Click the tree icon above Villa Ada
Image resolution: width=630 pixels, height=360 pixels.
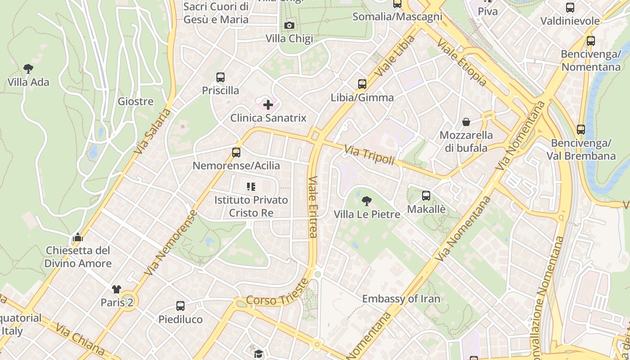(28, 69)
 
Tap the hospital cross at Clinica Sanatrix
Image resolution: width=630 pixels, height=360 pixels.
(268, 105)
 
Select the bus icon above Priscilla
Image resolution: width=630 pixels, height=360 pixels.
(220, 77)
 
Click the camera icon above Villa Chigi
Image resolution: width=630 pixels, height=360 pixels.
(289, 26)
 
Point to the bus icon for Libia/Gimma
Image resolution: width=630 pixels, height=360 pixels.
(362, 84)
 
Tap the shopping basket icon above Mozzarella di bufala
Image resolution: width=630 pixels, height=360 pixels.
(466, 122)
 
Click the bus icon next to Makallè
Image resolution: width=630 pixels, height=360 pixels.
(426, 196)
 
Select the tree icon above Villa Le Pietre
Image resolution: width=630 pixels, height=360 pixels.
(367, 201)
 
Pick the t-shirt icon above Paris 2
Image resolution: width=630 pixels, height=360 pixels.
(117, 289)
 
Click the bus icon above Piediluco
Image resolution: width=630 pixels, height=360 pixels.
(180, 306)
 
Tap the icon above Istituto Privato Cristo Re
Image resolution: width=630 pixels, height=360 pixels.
(251, 186)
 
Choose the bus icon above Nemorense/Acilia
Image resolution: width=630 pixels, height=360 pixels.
(236, 153)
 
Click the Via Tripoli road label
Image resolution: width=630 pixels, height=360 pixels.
(369, 155)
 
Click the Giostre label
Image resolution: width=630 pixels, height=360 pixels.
(135, 102)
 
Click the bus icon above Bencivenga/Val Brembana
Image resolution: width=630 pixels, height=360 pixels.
(581, 130)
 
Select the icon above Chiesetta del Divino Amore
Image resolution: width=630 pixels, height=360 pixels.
(78, 237)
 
